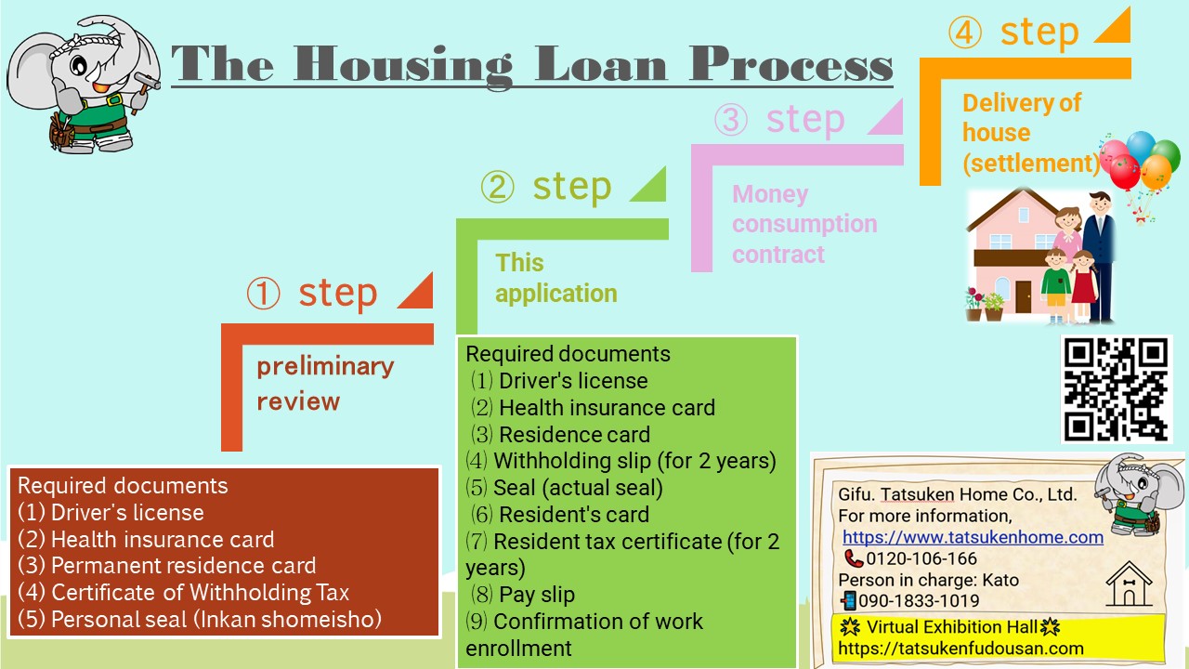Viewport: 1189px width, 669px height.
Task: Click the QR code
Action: (x=1117, y=389)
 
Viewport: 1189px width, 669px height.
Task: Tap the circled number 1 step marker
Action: (x=263, y=293)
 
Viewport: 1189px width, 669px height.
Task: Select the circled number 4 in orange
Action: (x=964, y=32)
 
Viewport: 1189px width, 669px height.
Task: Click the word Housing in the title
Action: (x=403, y=65)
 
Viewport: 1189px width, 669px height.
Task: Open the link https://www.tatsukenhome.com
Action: (x=973, y=537)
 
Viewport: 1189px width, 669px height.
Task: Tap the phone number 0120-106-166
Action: (x=921, y=558)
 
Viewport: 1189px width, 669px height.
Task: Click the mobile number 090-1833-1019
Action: (x=919, y=600)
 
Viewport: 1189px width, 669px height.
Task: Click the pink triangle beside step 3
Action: (x=886, y=117)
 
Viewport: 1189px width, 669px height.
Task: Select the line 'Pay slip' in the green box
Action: (x=537, y=595)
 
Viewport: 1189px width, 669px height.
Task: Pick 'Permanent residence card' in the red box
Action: (x=183, y=566)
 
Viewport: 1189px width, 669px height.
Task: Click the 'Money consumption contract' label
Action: (x=804, y=224)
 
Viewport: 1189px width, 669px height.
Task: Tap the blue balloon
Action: (x=1140, y=147)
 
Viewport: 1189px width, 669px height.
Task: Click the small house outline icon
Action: (x=1129, y=584)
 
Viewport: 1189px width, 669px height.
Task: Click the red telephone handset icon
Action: (x=854, y=558)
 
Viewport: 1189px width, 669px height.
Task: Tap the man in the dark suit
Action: (x=1099, y=256)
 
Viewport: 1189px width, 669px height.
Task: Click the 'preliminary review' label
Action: (x=325, y=384)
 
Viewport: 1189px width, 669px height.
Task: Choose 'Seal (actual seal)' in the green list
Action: (x=578, y=488)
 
